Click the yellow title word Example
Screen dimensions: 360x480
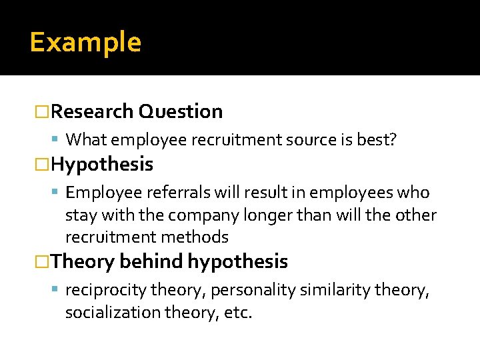[x=85, y=42]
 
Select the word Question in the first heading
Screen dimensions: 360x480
[x=181, y=111]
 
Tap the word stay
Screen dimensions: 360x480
[x=81, y=215]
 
